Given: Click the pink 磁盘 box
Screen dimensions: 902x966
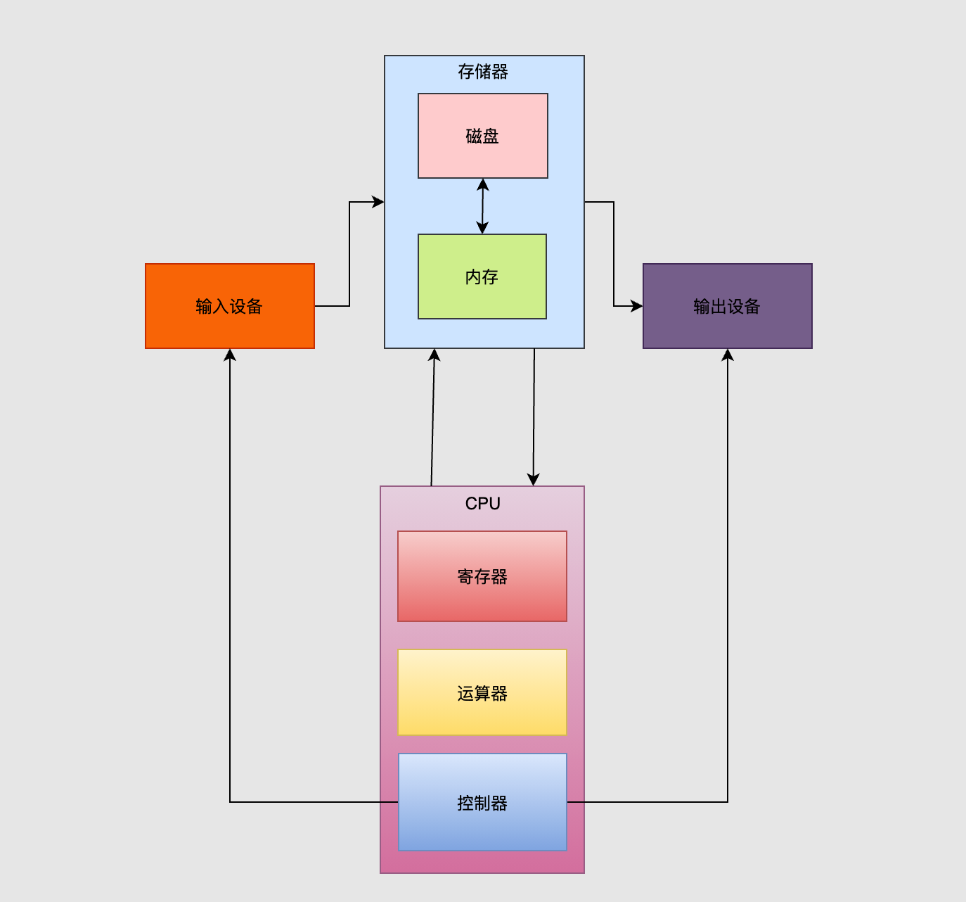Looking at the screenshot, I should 482,136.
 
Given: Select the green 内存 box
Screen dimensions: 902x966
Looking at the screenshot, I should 482,277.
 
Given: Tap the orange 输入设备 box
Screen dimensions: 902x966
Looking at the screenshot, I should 229,306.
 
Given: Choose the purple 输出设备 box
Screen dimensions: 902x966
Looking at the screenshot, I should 727,306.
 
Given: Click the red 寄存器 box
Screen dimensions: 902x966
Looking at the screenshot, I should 482,576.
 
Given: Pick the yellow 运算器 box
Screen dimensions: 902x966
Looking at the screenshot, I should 482,693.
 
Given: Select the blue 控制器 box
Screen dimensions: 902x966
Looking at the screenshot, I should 482,802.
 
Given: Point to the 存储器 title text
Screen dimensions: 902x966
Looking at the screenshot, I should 482,72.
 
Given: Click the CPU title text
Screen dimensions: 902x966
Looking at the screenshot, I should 482,504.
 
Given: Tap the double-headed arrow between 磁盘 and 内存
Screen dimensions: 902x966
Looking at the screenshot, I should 482,206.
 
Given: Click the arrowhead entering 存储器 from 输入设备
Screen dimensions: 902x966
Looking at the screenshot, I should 378,202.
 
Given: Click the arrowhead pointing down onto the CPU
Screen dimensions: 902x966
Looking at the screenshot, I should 534,479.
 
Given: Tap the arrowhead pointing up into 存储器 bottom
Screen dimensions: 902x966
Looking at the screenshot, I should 434,355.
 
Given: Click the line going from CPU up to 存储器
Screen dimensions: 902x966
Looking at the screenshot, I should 433,422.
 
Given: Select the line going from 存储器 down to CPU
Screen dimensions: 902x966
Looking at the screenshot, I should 534,415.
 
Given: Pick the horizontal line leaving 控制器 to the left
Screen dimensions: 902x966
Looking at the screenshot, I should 309,802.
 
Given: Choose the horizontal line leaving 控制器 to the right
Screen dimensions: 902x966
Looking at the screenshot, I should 647,802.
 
